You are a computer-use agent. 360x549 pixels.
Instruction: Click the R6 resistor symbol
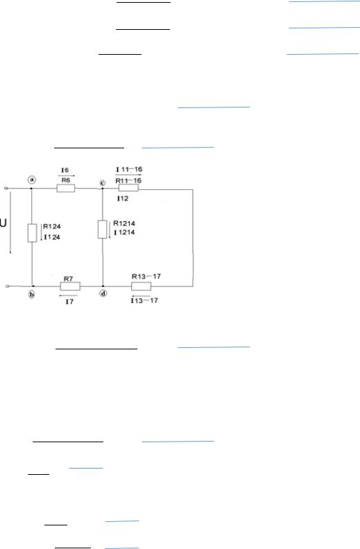66,189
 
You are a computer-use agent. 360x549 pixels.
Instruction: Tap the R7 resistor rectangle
70,286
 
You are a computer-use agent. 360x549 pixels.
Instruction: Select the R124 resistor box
32,233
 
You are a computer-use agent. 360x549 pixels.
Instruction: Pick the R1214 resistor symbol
102,229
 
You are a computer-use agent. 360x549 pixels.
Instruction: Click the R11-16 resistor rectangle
128,188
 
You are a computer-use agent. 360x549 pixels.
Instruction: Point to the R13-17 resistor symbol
141,286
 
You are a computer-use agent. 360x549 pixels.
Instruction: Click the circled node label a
32,180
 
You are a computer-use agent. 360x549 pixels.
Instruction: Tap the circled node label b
31,295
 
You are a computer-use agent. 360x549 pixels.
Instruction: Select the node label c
102,183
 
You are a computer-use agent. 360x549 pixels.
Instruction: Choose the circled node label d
103,293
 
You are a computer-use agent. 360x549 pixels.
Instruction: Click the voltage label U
3,223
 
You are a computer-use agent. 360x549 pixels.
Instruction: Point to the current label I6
65,170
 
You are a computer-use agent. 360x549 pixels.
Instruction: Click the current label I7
69,302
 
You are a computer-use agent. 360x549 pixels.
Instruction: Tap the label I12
123,198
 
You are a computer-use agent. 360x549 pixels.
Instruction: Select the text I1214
124,232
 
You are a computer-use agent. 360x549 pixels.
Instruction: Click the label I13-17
144,300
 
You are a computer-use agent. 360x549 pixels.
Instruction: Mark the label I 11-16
129,169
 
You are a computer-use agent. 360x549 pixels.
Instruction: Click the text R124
52,227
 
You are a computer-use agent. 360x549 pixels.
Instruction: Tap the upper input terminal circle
6,188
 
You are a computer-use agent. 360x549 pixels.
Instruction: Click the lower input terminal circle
7,286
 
